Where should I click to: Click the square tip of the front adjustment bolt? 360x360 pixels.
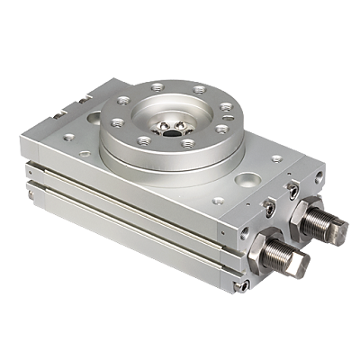point(300,262)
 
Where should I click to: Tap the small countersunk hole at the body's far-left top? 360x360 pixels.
point(68,137)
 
